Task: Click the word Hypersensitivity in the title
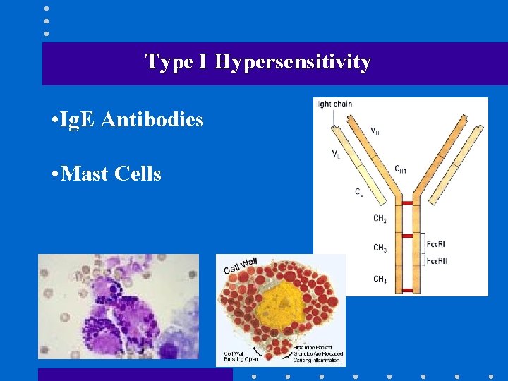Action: click(293, 62)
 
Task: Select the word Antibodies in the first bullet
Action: click(152, 120)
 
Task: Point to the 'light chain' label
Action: click(334, 104)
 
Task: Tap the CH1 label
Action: click(401, 169)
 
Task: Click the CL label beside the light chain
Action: click(359, 192)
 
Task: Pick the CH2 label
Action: click(380, 219)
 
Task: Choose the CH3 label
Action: click(380, 248)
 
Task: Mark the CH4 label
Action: click(380, 279)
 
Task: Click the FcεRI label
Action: click(436, 244)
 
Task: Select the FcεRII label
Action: click(437, 261)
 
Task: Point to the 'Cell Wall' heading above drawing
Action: click(241, 267)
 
